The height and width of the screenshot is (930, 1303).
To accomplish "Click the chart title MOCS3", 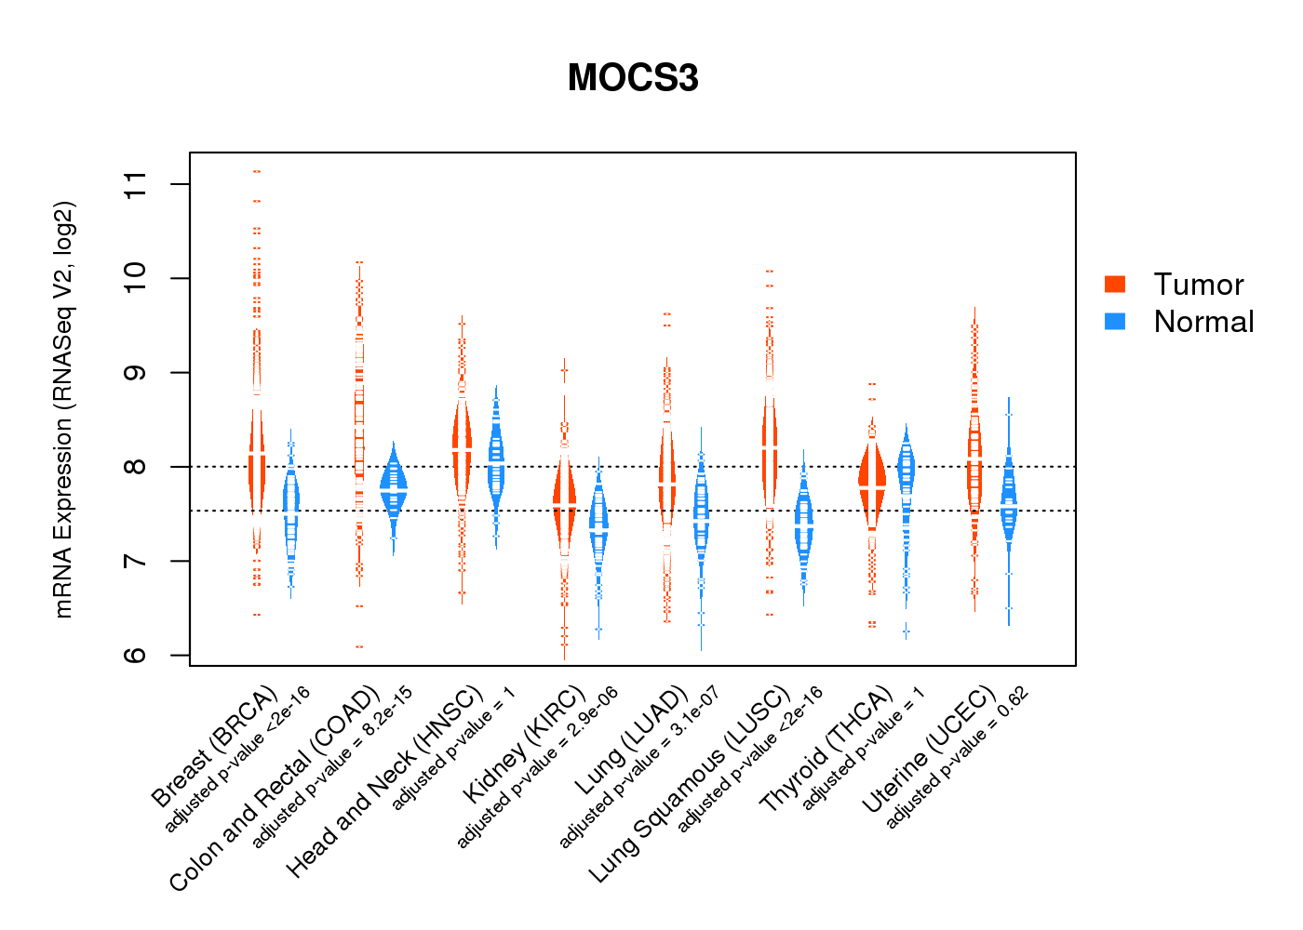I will (x=633, y=78).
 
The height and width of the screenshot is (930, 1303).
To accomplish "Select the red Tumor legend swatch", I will (x=1115, y=284).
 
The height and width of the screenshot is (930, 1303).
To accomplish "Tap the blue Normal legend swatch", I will (x=1115, y=321).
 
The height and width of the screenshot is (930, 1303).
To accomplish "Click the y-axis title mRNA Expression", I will (x=63, y=409).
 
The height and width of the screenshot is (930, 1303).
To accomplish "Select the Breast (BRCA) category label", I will (x=215, y=747).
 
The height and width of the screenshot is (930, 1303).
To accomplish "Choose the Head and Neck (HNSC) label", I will (x=385, y=781).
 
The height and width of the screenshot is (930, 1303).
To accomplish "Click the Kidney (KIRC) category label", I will (x=525, y=744).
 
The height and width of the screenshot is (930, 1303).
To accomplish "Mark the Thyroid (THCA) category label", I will (x=826, y=751).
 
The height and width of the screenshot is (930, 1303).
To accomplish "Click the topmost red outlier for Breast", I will (x=257, y=171).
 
